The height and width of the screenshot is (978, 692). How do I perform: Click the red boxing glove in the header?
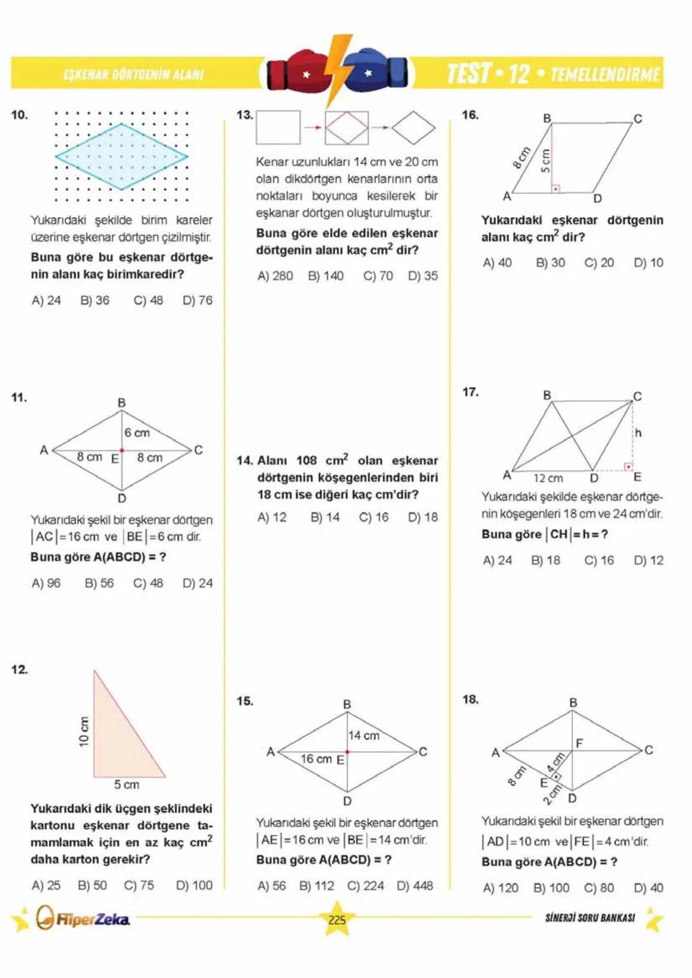[x=299, y=72]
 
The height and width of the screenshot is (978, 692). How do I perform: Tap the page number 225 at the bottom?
[x=337, y=920]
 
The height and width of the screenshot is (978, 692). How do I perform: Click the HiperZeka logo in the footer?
[x=83, y=919]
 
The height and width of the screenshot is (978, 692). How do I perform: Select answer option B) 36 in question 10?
[x=95, y=300]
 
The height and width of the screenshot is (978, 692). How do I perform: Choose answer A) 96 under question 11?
[x=46, y=583]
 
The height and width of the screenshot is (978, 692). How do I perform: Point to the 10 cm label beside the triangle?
[x=84, y=731]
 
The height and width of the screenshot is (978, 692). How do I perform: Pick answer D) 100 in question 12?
[x=194, y=885]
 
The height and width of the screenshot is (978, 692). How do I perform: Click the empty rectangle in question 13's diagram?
[x=278, y=127]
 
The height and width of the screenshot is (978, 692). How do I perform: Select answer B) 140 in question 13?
[x=325, y=276]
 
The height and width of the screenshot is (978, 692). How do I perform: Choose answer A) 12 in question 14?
[x=272, y=518]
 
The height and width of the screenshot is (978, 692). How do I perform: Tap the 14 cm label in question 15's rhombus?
[x=364, y=736]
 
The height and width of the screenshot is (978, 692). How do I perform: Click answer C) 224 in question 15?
[x=365, y=886]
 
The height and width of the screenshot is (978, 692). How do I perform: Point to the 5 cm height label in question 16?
[x=545, y=161]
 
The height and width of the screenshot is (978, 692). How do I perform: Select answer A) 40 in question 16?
[x=497, y=263]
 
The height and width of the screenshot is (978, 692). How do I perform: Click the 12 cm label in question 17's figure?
[x=548, y=478]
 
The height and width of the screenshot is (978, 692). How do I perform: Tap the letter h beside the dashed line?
[x=638, y=433]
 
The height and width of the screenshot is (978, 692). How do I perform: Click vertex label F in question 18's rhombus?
[x=579, y=743]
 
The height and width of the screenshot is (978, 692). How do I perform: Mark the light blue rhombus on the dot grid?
[x=122, y=156]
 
